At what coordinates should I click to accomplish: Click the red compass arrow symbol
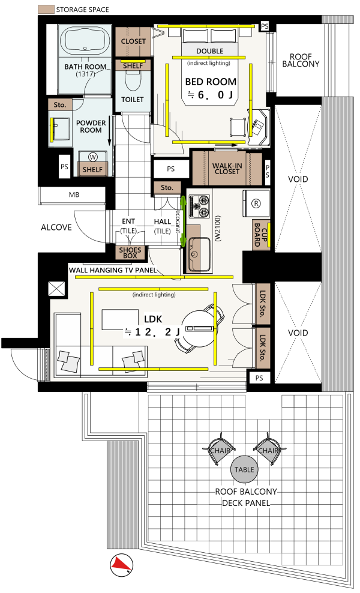tap(121, 565)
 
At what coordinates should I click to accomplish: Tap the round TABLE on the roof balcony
tap(244, 469)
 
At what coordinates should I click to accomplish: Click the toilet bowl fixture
tap(133, 79)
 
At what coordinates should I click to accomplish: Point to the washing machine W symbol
tap(92, 157)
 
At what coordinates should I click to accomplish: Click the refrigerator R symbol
tap(256, 203)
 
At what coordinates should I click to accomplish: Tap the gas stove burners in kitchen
tap(199, 206)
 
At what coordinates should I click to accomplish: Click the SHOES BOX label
tap(130, 253)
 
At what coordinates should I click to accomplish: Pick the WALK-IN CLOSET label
tap(227, 168)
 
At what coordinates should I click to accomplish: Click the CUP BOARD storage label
tap(261, 235)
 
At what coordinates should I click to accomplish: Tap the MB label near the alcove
tap(74, 195)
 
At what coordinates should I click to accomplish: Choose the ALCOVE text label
tap(56, 227)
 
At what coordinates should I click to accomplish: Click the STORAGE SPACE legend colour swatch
tap(46, 10)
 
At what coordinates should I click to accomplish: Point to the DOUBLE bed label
tap(210, 51)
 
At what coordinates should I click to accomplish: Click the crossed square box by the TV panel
tap(57, 289)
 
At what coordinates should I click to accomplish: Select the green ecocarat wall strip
tap(184, 221)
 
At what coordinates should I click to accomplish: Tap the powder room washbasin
tap(60, 129)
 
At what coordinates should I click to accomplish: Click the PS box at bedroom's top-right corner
tap(265, 26)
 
